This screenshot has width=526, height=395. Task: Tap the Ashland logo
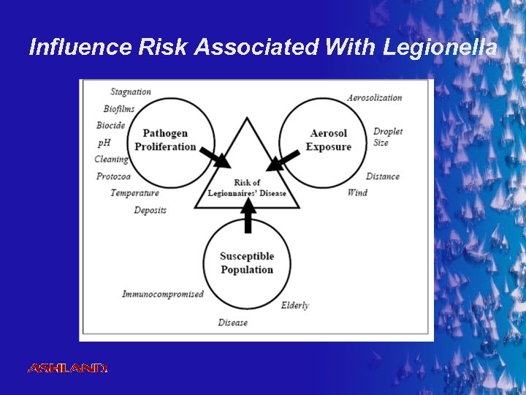[x=67, y=368]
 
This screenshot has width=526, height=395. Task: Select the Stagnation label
[x=131, y=92]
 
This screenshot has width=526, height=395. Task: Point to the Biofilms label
[x=119, y=109]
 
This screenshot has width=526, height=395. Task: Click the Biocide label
[x=110, y=126]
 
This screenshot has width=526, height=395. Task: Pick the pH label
[x=104, y=142]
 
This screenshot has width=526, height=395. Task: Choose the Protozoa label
[x=113, y=176]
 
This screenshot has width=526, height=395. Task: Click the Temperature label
[x=134, y=193]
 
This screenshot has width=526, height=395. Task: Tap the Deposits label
[x=150, y=211]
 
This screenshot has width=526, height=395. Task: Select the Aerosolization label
[x=374, y=98]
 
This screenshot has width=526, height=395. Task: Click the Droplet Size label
[x=387, y=138]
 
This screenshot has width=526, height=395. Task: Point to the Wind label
[x=357, y=193]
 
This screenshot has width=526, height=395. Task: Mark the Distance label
[x=382, y=176]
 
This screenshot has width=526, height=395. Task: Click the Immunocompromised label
[x=163, y=294]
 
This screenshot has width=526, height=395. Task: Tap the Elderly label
[x=294, y=305]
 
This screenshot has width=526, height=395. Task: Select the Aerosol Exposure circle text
[x=328, y=140]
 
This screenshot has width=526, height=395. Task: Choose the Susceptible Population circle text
[x=247, y=263]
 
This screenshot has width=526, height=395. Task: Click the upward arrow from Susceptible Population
[x=248, y=216]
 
